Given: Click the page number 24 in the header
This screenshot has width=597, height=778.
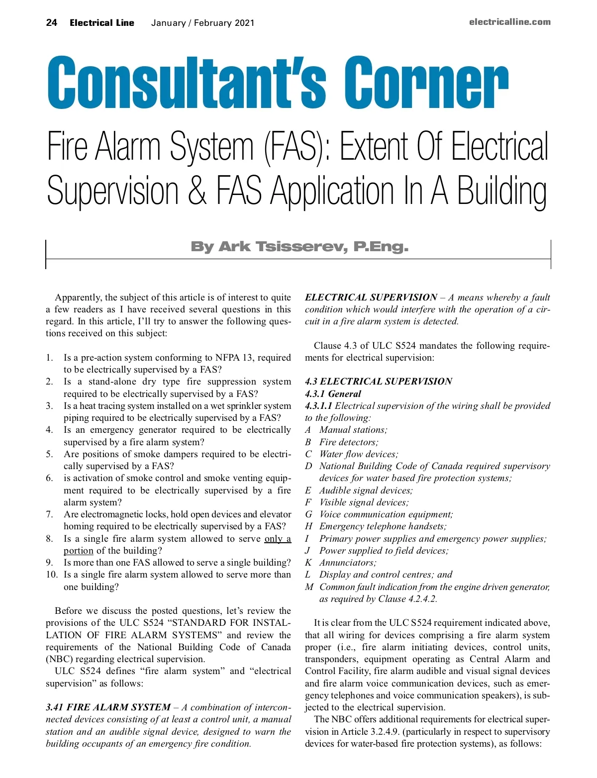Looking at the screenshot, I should [51, 22].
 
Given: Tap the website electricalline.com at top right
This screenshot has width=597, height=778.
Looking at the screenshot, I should [509, 22].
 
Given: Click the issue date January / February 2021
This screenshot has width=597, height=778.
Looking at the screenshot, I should [202, 23].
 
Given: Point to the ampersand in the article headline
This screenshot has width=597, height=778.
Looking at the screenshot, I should [197, 191].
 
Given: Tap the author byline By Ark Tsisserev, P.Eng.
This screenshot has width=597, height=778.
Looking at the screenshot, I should [299, 247].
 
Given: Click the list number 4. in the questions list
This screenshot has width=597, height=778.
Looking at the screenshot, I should [49, 430].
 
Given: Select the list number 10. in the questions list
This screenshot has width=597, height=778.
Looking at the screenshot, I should [52, 575].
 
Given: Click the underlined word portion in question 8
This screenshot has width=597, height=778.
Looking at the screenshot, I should [78, 551].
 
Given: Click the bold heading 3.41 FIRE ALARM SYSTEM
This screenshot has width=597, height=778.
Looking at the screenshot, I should [108, 707].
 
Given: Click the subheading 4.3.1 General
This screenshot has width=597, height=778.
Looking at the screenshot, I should [333, 393].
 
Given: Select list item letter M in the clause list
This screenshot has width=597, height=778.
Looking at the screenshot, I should [309, 587].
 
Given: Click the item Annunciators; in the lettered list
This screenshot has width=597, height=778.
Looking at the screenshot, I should [348, 563].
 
